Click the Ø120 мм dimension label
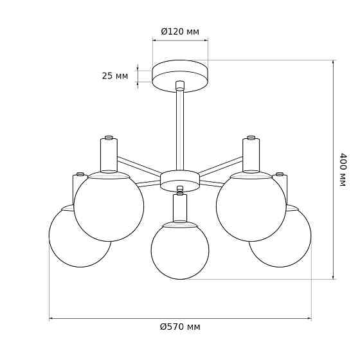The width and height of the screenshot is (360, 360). click(180, 32)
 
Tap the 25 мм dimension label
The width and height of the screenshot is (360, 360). click(115, 76)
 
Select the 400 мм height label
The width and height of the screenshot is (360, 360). click(343, 170)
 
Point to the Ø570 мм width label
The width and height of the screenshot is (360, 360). click(180, 327)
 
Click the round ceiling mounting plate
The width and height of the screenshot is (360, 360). click(180, 76)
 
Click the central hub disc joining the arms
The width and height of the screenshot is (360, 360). click(180, 181)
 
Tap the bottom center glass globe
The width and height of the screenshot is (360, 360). click(180, 251)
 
